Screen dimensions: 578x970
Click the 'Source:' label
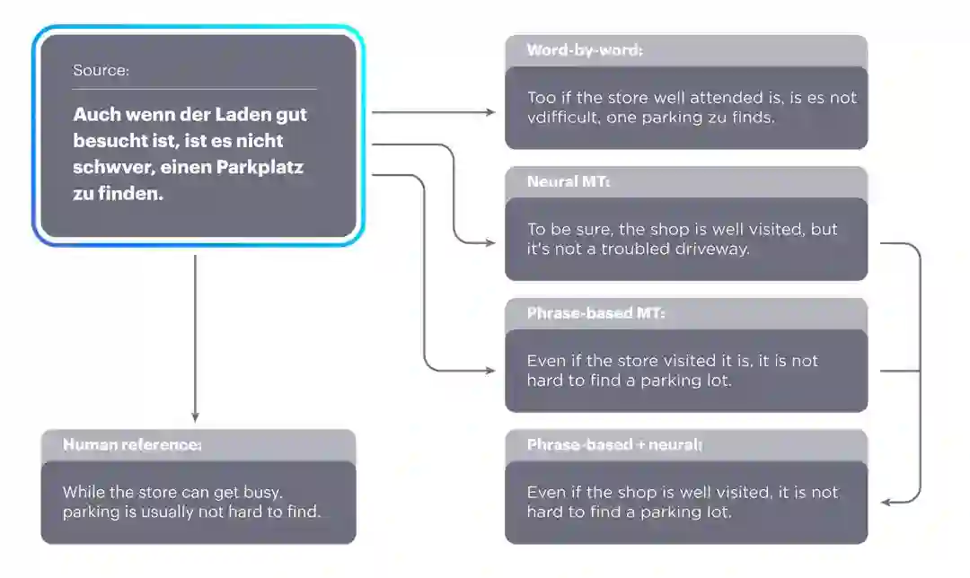101,70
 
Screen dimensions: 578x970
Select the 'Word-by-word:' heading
585,50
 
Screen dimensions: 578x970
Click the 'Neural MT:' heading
569,182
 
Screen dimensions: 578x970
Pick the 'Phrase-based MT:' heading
595,313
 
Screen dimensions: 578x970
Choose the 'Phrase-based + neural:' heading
614,444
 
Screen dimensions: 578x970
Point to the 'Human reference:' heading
132,444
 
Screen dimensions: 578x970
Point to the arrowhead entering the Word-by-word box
490,112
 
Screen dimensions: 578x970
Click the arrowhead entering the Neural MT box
490,242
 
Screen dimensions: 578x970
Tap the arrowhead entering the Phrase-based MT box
490,371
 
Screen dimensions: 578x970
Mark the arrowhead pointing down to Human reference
195,416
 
